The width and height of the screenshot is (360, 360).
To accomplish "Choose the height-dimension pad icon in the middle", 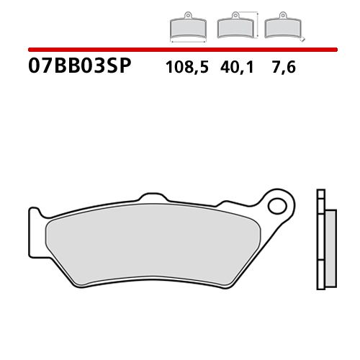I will point(233,28).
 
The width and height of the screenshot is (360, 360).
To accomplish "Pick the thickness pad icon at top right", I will point(280,28).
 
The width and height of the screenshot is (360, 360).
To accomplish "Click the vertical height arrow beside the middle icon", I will point(255,25).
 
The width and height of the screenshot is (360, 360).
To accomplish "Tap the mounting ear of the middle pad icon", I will point(233,15).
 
